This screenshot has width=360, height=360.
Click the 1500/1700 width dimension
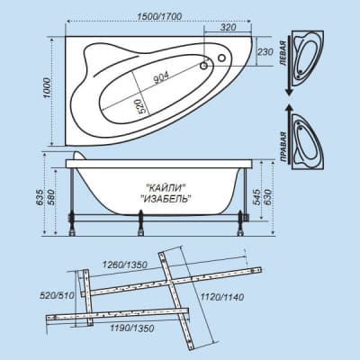pos(159,16)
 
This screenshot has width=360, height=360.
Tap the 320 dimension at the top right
pos(229,27)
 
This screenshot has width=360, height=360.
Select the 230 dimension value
pos(265,52)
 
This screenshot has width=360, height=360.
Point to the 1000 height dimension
pos(48,88)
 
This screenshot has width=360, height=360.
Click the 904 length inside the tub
pos(161,78)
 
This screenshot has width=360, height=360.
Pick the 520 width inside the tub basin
pos(142,106)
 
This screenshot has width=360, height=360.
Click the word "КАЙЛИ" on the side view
pos(166,188)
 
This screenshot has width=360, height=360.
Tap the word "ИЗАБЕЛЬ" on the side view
pos(166,198)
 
